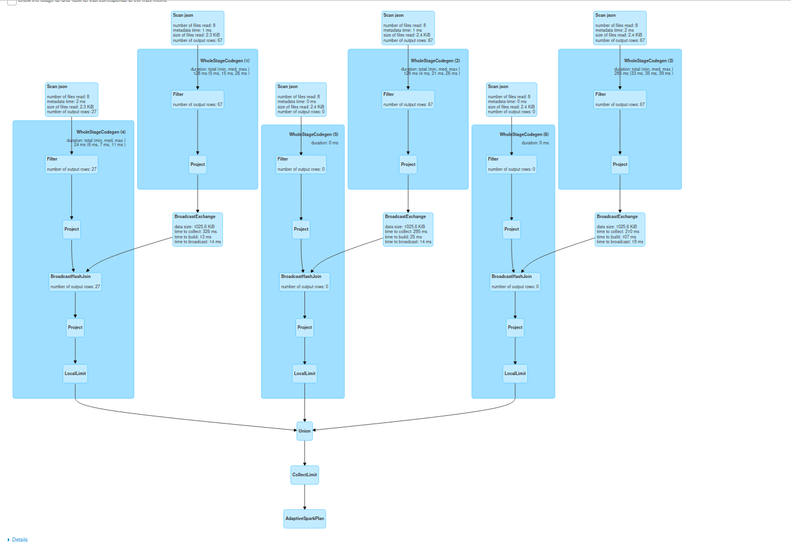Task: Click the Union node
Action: pos(304,431)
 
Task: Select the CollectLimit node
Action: pos(304,475)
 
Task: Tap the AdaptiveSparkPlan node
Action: pos(304,518)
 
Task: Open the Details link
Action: pos(20,540)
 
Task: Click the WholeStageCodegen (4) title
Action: pos(101,132)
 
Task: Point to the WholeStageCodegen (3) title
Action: pos(648,61)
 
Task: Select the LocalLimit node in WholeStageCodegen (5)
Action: pos(304,373)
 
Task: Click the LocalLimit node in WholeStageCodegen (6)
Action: pos(515,373)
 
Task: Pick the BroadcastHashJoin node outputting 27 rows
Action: pos(75,282)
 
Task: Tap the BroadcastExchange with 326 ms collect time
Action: pos(198,229)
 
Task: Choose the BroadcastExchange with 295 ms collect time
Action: pos(408,229)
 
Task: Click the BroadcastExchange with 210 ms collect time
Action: pos(620,229)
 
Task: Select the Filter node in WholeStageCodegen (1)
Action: pos(198,99)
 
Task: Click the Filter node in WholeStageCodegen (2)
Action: pos(408,99)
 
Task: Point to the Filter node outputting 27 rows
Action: pos(71,164)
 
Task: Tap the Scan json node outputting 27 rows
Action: pos(71,99)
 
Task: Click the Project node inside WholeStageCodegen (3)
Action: pos(620,164)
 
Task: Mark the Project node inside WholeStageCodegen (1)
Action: pos(198,164)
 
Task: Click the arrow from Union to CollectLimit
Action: pos(304,453)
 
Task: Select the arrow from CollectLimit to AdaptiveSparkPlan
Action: pos(304,497)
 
